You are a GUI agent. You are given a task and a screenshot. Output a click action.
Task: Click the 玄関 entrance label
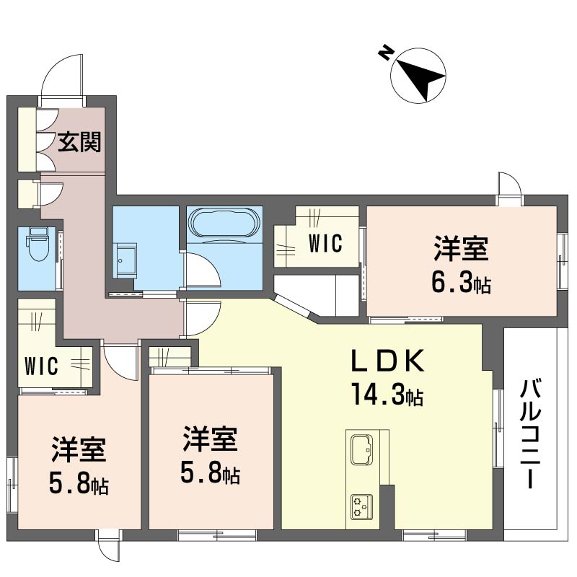tap(79, 142)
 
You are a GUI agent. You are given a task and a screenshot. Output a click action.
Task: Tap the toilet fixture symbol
tap(37, 244)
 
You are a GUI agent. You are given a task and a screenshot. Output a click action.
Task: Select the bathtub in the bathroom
tap(224, 223)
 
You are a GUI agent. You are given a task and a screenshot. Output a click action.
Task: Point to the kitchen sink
tap(362, 449)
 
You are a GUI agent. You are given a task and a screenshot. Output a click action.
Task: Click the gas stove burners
tap(362, 507)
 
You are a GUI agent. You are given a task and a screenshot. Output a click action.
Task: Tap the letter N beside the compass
tap(385, 53)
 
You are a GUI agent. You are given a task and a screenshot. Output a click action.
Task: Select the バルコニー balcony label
tap(530, 434)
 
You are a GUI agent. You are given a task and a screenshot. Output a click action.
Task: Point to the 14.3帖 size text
tap(387, 394)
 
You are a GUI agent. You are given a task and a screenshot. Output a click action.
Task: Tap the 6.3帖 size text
tap(461, 282)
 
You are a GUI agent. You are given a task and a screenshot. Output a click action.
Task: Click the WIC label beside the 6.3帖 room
tap(325, 243)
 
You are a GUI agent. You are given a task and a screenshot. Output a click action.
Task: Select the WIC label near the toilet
tap(41, 366)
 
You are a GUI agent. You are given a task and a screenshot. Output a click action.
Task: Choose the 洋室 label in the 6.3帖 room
tap(461, 249)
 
